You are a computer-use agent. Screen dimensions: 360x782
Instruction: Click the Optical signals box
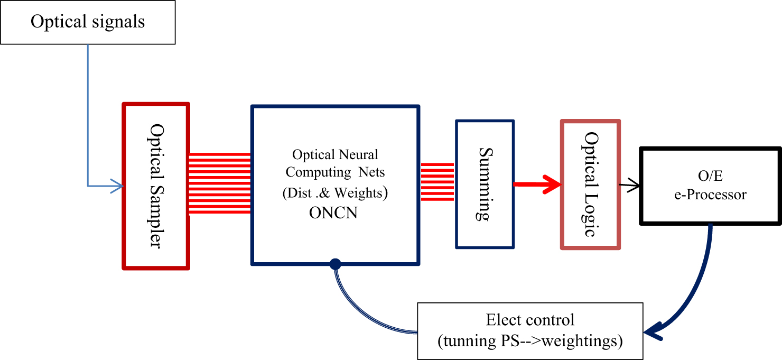click(x=88, y=22)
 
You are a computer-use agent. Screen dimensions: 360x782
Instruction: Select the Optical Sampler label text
click(x=157, y=186)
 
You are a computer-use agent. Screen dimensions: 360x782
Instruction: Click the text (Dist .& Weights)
click(x=336, y=193)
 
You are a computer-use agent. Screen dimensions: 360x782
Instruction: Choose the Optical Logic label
click(x=590, y=184)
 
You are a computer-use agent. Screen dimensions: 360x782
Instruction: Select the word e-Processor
click(x=710, y=195)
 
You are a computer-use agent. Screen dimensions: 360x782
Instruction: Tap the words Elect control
click(x=530, y=320)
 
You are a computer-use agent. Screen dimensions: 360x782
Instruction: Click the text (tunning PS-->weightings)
click(x=530, y=341)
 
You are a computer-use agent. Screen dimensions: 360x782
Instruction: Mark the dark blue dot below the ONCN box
click(x=334, y=264)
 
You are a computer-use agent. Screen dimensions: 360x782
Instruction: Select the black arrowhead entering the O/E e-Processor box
click(x=635, y=185)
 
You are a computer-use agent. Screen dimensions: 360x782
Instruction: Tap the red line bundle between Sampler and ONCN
click(x=219, y=183)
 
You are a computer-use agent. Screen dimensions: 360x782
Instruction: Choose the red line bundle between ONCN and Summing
click(x=437, y=182)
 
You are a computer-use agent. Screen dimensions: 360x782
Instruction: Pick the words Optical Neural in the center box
click(x=336, y=155)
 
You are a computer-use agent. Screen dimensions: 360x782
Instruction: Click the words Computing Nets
click(x=336, y=173)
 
